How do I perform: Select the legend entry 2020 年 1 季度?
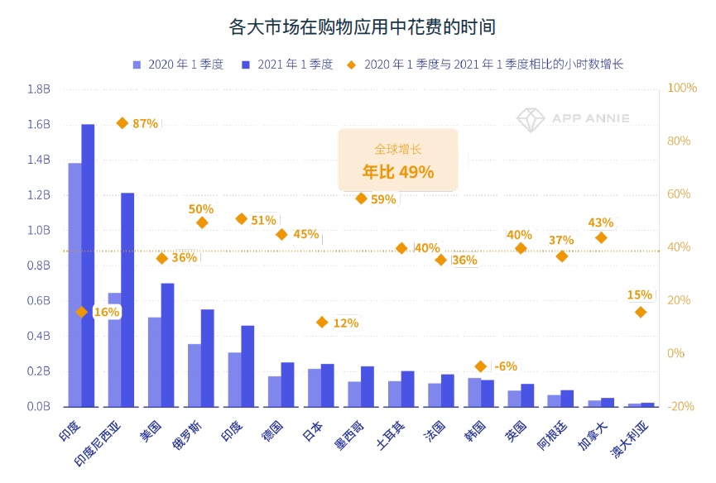177,65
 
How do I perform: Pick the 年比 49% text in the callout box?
397,172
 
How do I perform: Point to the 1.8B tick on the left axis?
39,88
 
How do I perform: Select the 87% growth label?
145,123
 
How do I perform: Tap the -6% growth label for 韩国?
505,366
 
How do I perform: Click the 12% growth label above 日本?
346,323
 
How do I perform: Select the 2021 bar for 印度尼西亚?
127,299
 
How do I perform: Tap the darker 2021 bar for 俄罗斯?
207,357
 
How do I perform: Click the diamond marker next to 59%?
361,198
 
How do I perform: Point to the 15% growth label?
640,294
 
